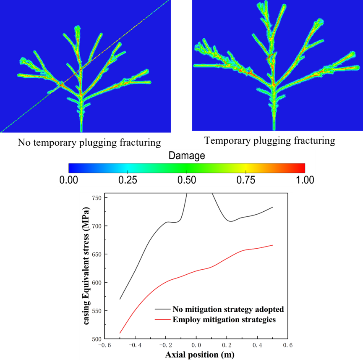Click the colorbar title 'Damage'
(x=187, y=156)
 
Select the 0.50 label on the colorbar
(x=187, y=180)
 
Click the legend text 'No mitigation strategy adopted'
(x=228, y=309)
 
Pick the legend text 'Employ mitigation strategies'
(x=224, y=319)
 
